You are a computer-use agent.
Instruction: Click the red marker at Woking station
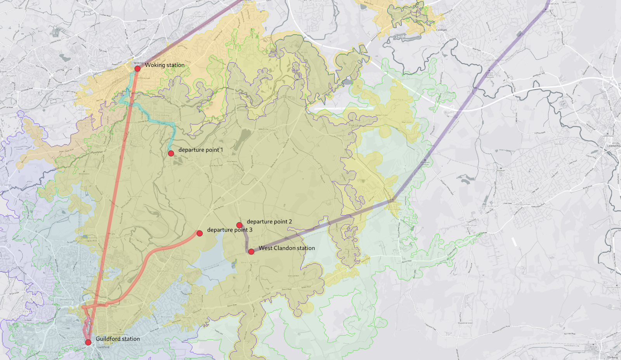tap(137, 69)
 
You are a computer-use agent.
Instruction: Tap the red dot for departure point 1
tap(171, 153)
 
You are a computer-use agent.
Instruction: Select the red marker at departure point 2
tap(239, 225)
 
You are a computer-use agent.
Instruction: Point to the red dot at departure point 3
tap(199, 233)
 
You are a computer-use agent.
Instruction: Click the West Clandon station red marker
tap(251, 252)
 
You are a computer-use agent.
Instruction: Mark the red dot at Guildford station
tap(88, 342)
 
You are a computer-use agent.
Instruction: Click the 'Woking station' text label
tap(165, 65)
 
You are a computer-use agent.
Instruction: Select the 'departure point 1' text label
tap(201, 150)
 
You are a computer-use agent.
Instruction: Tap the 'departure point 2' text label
tap(269, 222)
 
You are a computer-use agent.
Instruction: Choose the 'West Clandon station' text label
tap(287, 248)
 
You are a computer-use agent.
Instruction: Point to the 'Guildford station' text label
tap(118, 339)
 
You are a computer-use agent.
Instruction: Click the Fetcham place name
tap(559, 144)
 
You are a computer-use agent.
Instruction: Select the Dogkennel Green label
tap(465, 323)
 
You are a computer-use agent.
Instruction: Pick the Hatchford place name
tap(397, 100)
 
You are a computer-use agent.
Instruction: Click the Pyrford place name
tap(164, 115)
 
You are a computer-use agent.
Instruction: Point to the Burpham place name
tap(162, 271)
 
